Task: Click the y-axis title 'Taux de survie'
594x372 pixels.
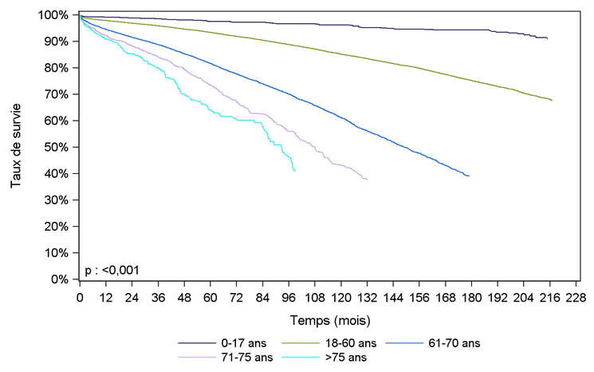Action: [x=16, y=145]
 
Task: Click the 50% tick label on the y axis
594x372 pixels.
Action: [x=60, y=148]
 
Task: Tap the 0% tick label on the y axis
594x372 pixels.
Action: [x=63, y=279]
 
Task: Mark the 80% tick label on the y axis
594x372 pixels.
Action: [x=60, y=68]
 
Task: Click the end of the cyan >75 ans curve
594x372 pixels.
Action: [x=295, y=171]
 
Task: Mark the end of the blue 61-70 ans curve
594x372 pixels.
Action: [x=469, y=176]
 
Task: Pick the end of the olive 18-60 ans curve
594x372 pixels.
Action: [x=552, y=100]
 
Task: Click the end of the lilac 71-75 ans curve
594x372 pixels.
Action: [x=367, y=180]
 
